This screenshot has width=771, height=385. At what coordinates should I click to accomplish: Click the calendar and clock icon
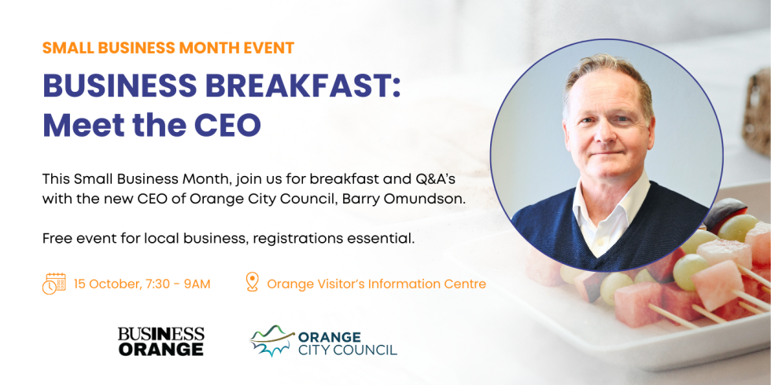(x=54, y=284)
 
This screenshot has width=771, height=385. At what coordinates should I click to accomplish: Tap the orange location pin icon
(x=252, y=283)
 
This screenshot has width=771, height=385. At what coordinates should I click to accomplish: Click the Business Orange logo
(x=160, y=341)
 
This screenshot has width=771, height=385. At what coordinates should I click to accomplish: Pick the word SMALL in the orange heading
(x=65, y=48)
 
